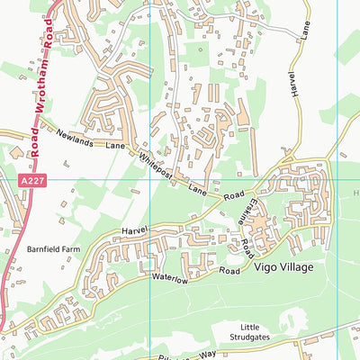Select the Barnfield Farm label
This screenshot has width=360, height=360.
(54, 247)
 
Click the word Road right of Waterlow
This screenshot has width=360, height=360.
(230, 269)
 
